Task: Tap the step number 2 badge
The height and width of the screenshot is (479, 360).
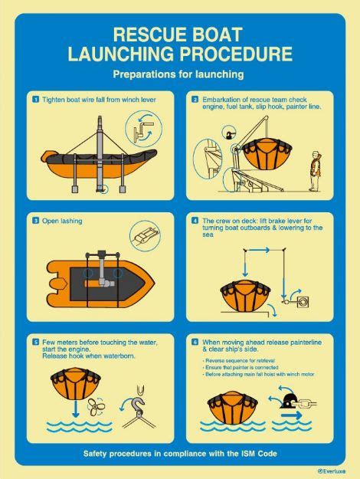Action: point(195,100)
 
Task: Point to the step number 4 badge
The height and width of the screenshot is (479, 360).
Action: point(195,221)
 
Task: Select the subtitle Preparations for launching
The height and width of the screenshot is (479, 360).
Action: point(178,75)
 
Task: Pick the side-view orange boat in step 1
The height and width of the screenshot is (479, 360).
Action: point(77,165)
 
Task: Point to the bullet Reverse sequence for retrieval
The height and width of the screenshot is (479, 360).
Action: point(239,360)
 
